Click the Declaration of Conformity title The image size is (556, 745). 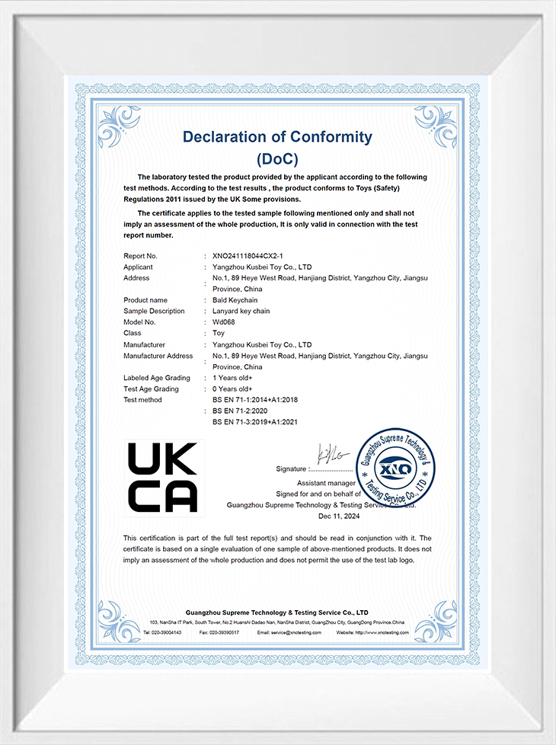click(277, 137)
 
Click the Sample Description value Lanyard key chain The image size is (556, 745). click(241, 311)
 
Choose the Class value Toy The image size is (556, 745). click(219, 333)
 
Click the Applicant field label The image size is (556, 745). click(138, 267)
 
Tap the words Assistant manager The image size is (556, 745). click(326, 483)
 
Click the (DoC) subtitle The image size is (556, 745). click(277, 159)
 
